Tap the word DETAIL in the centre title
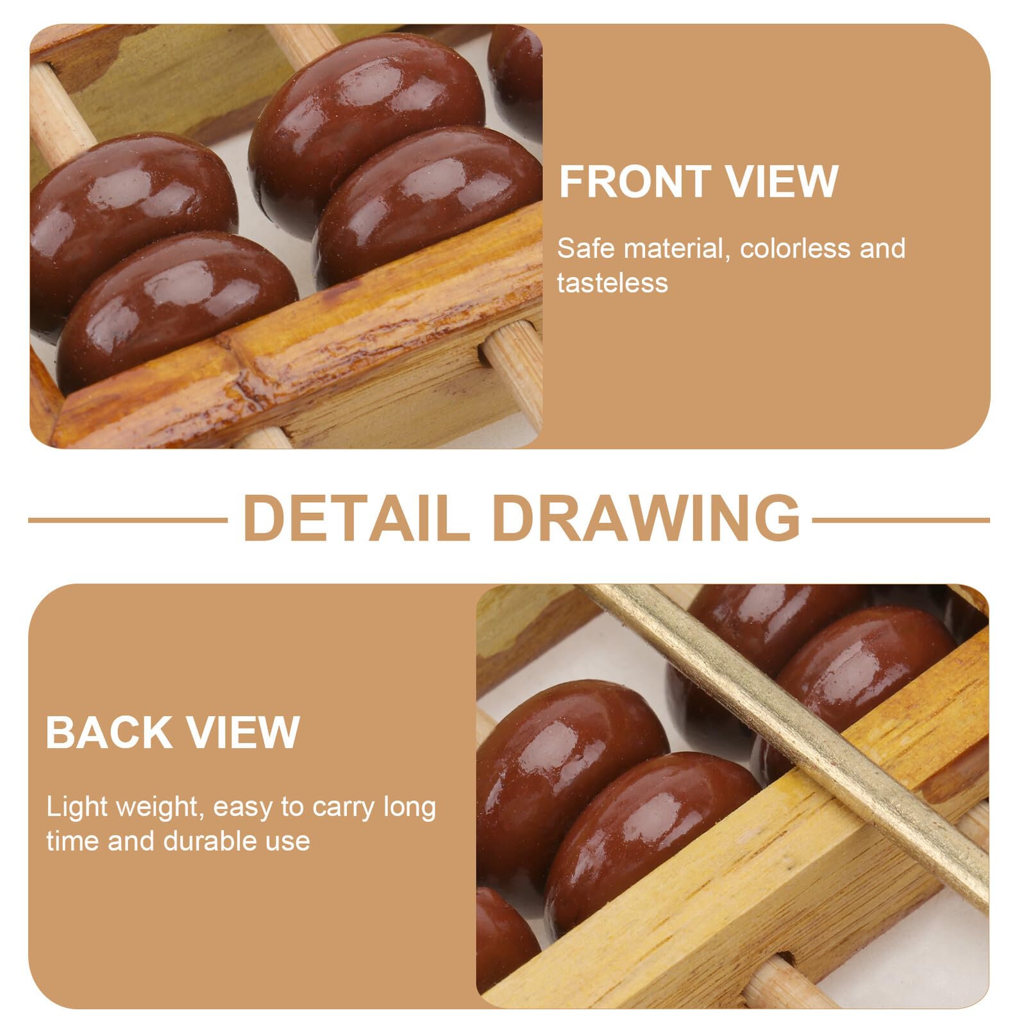tap(357, 518)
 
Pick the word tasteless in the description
tap(612, 283)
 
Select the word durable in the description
tap(208, 841)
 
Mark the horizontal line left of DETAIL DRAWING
tap(128, 520)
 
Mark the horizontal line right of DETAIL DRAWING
tap(901, 520)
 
